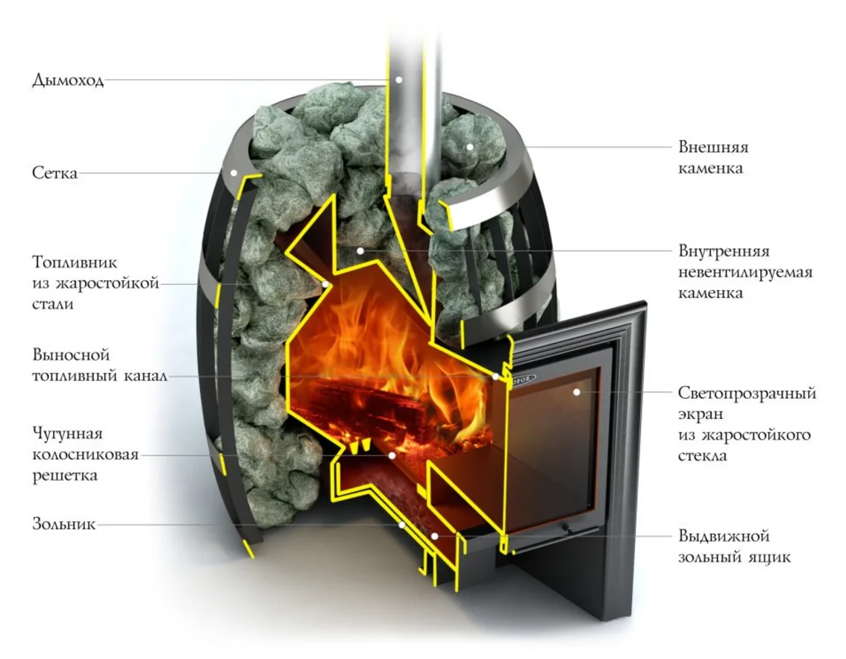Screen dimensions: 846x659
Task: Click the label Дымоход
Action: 68,80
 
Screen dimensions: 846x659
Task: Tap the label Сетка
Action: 55,172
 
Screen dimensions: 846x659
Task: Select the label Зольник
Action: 64,523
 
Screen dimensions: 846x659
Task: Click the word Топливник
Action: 75,262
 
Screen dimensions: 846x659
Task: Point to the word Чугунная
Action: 67,434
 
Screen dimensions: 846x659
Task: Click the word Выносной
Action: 71,355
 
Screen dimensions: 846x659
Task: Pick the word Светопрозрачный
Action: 748,393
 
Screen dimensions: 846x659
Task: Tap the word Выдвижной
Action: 724,536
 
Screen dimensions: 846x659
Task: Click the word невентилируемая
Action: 745,272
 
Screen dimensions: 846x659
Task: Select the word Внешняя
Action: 713,147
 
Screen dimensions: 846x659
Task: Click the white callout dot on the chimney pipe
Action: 398,80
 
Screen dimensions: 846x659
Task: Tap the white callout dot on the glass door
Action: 577,392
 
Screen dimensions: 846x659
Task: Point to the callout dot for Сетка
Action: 234,172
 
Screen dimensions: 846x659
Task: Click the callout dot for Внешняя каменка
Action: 470,147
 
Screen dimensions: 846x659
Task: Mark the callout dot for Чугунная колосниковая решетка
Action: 392,455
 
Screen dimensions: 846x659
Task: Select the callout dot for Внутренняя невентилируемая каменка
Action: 360,250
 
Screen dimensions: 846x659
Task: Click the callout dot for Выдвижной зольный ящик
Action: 435,536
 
